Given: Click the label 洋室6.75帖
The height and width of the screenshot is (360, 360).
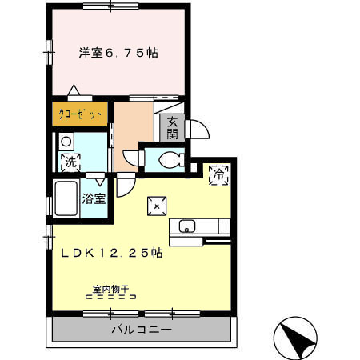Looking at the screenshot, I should pyautogui.click(x=118, y=54).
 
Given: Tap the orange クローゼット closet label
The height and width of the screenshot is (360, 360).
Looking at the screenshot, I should pyautogui.click(x=80, y=114).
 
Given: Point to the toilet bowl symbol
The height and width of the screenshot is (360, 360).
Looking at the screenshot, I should pyautogui.click(x=168, y=159).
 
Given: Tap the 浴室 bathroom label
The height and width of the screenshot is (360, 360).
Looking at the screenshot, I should pyautogui.click(x=94, y=198).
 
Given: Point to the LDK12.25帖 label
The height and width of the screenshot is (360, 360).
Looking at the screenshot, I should pyautogui.click(x=112, y=253).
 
